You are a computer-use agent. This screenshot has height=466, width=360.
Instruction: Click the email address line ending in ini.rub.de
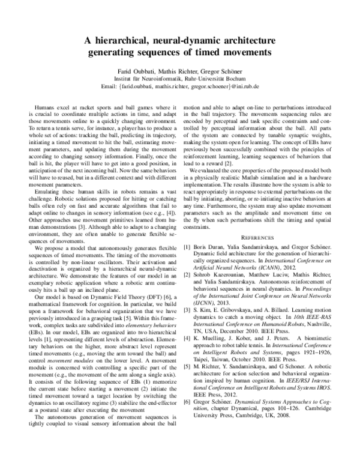pyautogui.click(x=179, y=86)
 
